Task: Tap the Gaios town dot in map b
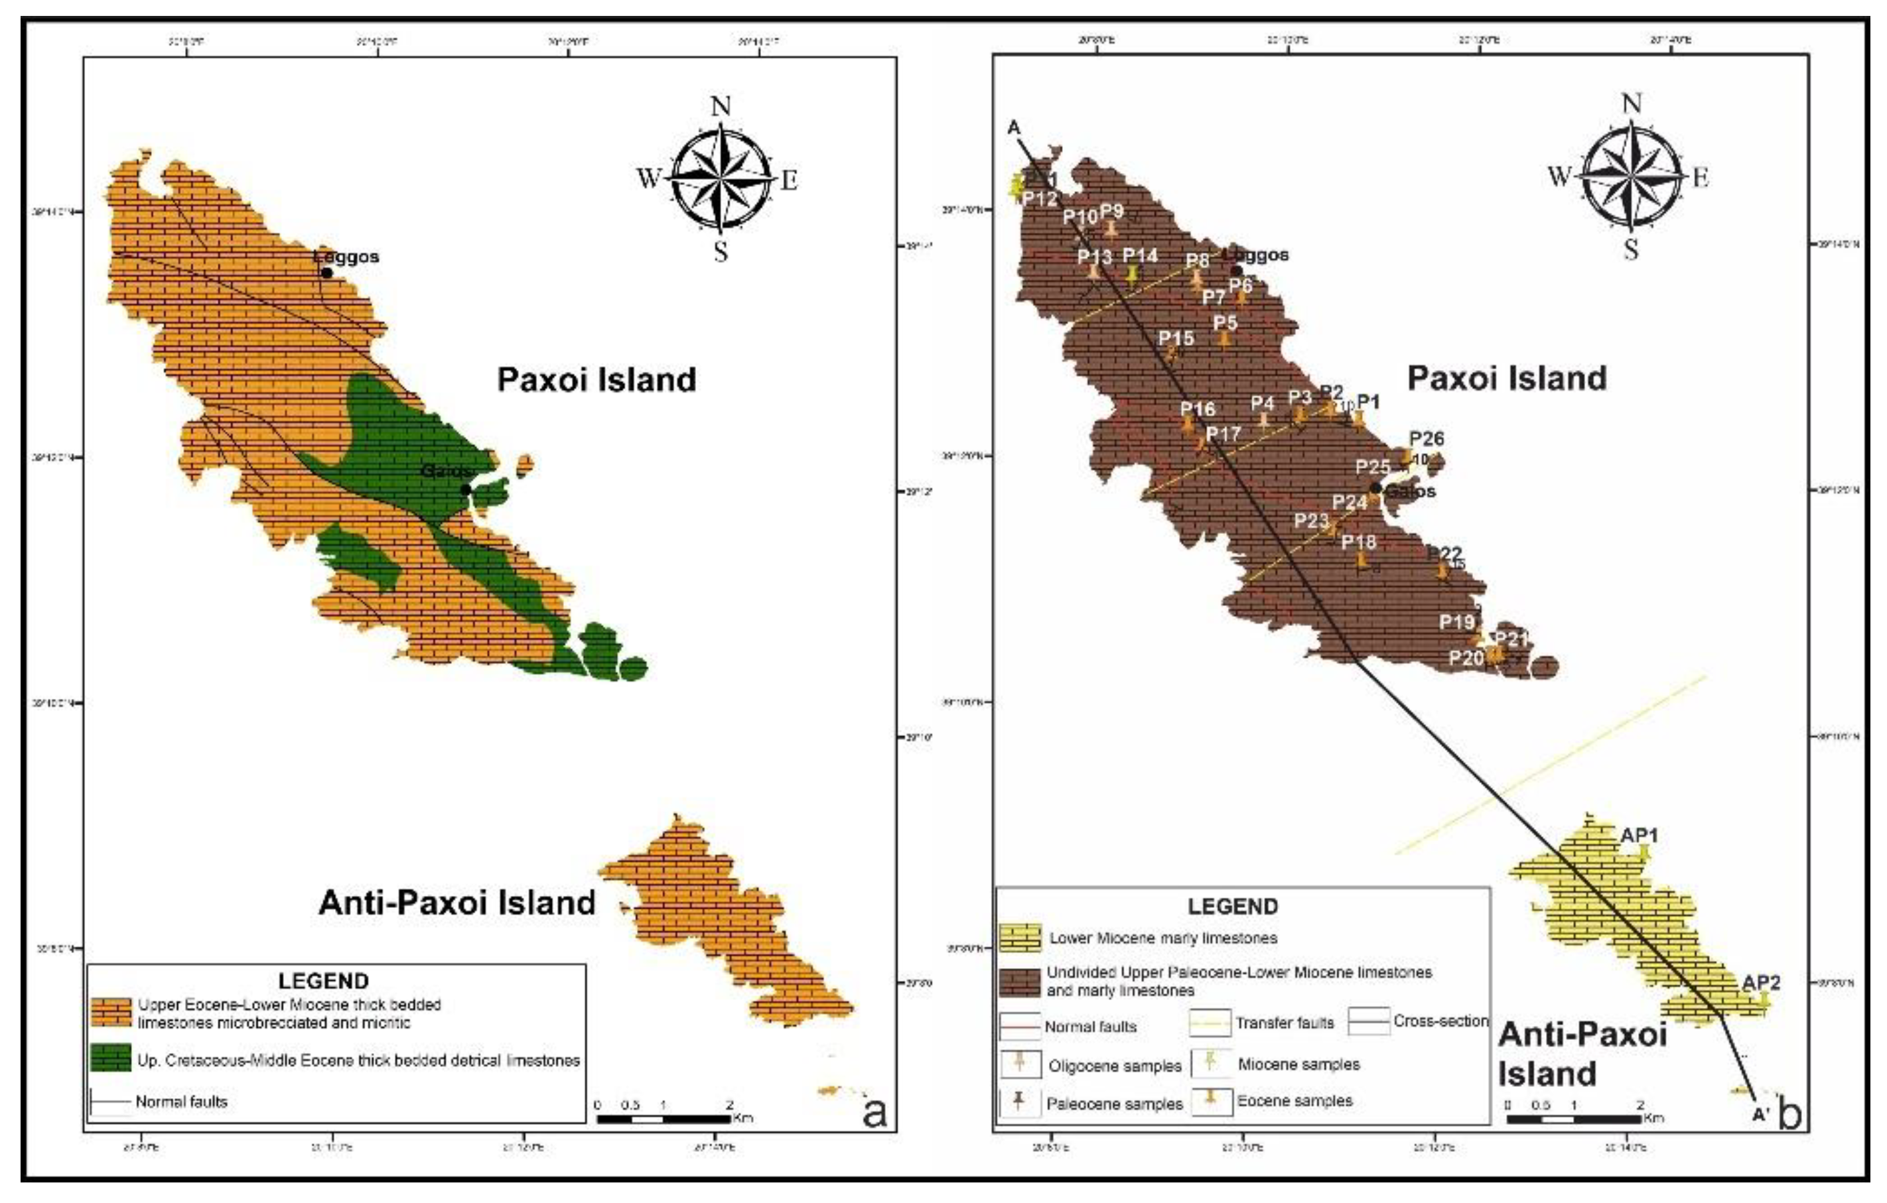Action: tap(1376, 488)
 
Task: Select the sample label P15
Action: tap(1176, 338)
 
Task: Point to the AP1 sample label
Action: tap(1640, 835)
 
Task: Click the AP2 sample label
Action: tap(1762, 982)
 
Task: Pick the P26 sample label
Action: tap(1427, 438)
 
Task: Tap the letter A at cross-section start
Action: tap(1014, 128)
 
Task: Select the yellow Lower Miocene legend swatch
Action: tap(1020, 936)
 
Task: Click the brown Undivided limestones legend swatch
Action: tap(1020, 981)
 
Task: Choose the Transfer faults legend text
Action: tap(1285, 1023)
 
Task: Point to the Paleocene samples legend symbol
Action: tap(1018, 1103)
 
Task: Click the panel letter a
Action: tap(873, 1112)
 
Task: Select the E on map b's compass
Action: tap(1699, 178)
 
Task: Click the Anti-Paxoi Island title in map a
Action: tap(457, 902)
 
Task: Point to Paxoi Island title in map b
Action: tap(1506, 377)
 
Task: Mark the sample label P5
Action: tap(1225, 323)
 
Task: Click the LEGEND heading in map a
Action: tap(323, 981)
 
